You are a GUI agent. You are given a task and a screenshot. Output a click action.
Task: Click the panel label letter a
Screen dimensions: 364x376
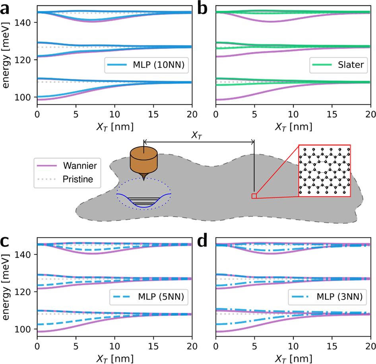(6, 9)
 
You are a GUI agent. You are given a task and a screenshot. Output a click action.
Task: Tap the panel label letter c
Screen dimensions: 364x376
(6, 242)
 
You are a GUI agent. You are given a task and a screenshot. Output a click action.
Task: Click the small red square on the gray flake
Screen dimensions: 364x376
(254, 196)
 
